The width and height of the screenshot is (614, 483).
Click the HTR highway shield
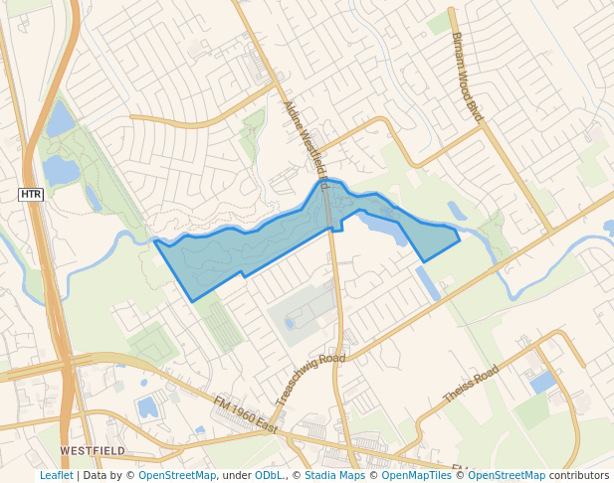point(31,194)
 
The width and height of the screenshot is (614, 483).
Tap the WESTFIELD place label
point(93,450)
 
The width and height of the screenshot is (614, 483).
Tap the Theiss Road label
point(471,384)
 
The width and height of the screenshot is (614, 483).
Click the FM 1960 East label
point(245,413)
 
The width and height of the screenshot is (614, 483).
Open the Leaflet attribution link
point(57,475)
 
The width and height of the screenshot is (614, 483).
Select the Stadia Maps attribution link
point(334,475)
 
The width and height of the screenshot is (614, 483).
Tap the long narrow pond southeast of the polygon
point(428,283)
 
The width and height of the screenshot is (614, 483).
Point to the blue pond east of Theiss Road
point(543,382)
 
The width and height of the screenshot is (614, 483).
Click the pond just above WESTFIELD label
point(147,406)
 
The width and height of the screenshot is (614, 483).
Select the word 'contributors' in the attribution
point(579,475)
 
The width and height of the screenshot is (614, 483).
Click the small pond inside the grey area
point(290,323)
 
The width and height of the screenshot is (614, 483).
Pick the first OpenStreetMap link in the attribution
point(176,475)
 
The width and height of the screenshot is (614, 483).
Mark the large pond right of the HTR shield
point(60,171)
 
